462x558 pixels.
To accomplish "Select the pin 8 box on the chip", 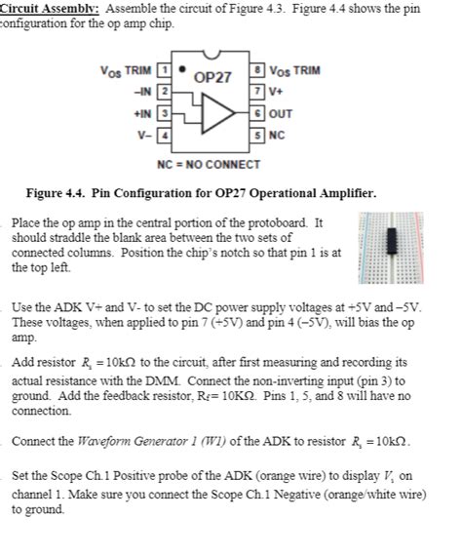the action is [257, 70].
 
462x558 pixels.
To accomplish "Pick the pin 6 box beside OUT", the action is [257, 112].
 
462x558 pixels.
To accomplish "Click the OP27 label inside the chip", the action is [212, 76].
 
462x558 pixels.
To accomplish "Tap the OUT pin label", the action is [280, 112].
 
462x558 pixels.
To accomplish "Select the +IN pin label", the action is [143, 113].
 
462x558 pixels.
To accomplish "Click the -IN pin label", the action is [144, 92].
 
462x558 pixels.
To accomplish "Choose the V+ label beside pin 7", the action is [275, 91].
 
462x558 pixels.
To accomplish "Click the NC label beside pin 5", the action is [275, 134].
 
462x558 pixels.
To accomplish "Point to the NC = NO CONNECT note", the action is [208, 163].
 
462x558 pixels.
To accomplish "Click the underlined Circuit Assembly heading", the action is [41, 8].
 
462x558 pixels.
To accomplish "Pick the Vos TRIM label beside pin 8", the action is [293, 70].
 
